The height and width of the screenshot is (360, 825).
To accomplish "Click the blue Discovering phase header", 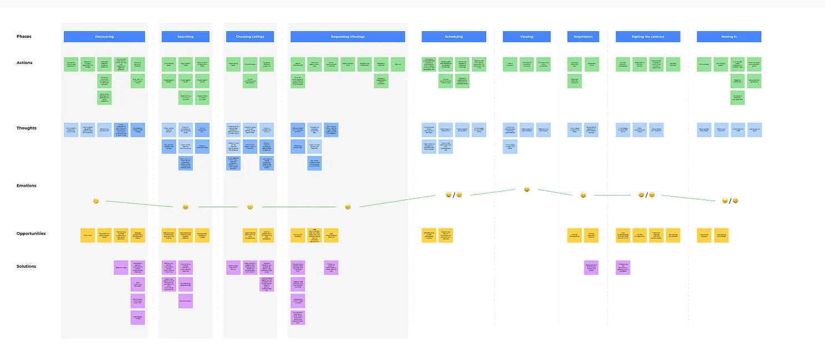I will click(x=104, y=37).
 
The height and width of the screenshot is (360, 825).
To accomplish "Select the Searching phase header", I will click(x=186, y=37).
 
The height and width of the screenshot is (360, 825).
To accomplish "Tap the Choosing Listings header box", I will click(x=250, y=37).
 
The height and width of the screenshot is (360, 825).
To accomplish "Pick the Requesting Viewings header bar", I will click(x=348, y=37).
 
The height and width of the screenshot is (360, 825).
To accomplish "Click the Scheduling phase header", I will click(x=453, y=37).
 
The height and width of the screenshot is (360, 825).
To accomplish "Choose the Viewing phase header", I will click(x=527, y=37).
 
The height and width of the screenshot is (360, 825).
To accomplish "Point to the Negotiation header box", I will click(x=583, y=37).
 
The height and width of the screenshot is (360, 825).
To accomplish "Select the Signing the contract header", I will click(x=648, y=37).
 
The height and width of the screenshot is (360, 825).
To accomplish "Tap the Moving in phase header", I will click(x=729, y=37).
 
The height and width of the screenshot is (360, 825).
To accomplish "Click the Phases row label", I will click(x=24, y=37).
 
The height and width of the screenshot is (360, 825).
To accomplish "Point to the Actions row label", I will click(x=24, y=63).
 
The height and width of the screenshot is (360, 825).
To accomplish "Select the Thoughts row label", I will click(x=26, y=128).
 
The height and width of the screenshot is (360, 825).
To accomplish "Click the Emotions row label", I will click(x=27, y=186).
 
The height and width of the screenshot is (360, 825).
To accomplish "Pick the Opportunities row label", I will click(x=31, y=234).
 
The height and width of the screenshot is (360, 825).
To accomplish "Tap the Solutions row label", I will click(x=26, y=267).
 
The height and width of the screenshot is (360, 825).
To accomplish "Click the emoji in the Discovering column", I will click(x=96, y=201).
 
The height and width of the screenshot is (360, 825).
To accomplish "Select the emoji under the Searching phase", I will click(x=186, y=207).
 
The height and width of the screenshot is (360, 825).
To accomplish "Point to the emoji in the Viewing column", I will click(x=527, y=189).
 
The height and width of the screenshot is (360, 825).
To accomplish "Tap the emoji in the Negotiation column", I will click(x=583, y=196).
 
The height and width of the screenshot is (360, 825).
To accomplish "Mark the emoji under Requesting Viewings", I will click(x=348, y=207).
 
